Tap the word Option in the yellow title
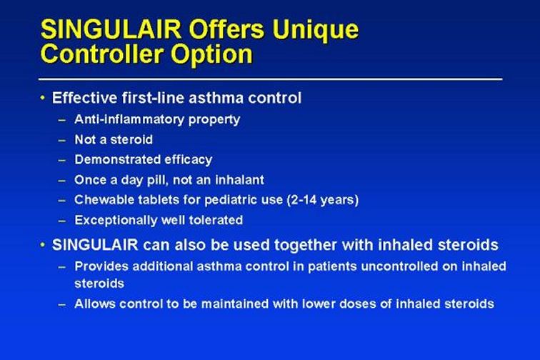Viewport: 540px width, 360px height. pyautogui.click(x=211, y=55)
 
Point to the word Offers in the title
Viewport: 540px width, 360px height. pyautogui.click(x=226, y=29)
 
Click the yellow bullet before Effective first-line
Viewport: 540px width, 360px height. pyautogui.click(x=42, y=98)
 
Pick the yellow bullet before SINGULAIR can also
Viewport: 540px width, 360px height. pyautogui.click(x=42, y=245)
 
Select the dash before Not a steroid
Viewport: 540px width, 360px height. pyautogui.click(x=62, y=140)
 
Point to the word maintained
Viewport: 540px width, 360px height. pyautogui.click(x=234, y=304)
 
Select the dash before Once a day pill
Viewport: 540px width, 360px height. pyautogui.click(x=62, y=181)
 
